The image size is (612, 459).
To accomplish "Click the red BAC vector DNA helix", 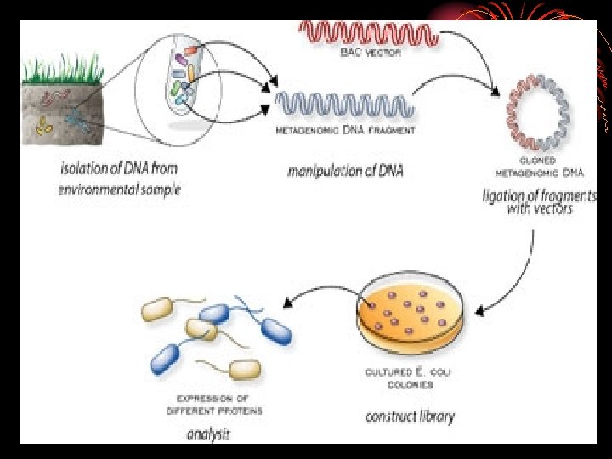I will click(369, 32).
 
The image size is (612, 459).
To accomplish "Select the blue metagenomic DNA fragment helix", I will click(344, 105).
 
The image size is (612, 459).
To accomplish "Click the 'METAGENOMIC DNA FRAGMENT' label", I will click(345, 131).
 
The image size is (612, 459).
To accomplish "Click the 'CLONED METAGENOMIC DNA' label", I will click(538, 166).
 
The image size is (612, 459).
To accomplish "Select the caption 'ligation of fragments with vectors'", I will click(540, 201).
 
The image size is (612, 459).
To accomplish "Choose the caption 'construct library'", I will click(410, 416).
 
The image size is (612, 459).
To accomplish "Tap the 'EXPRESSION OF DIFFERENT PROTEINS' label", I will click(218, 405).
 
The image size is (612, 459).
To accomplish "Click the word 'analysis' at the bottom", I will click(208, 434).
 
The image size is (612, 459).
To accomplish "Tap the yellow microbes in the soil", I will click(43, 127).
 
